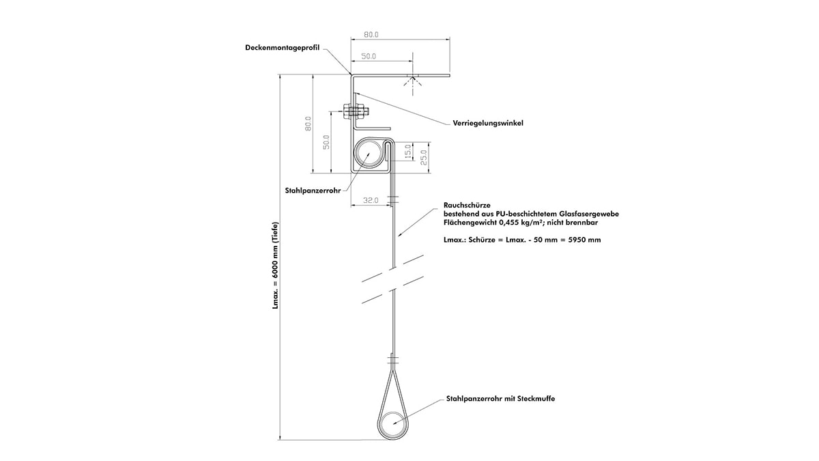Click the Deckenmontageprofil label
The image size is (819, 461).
283,48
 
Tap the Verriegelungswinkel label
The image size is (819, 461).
488,124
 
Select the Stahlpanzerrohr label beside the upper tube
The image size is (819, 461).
313,191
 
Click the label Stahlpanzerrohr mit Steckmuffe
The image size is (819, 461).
500,398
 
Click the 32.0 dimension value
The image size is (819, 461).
371,201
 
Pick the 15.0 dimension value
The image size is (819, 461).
408,152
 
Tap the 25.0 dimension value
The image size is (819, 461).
423,157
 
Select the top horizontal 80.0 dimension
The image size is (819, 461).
371,35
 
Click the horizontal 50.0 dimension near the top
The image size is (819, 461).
369,56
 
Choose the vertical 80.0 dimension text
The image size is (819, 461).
308,124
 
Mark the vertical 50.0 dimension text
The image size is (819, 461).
326,142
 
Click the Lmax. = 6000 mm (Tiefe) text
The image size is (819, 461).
275,266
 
